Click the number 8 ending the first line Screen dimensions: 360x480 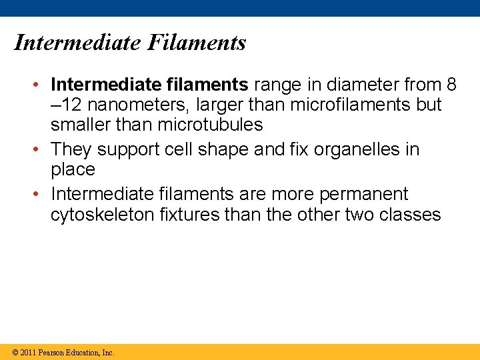tap(452, 85)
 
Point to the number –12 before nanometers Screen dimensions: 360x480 tap(66, 105)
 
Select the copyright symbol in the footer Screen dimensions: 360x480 tap(15, 353)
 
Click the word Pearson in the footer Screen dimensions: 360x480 tap(52, 353)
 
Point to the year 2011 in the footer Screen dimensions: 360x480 tap(29, 353)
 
